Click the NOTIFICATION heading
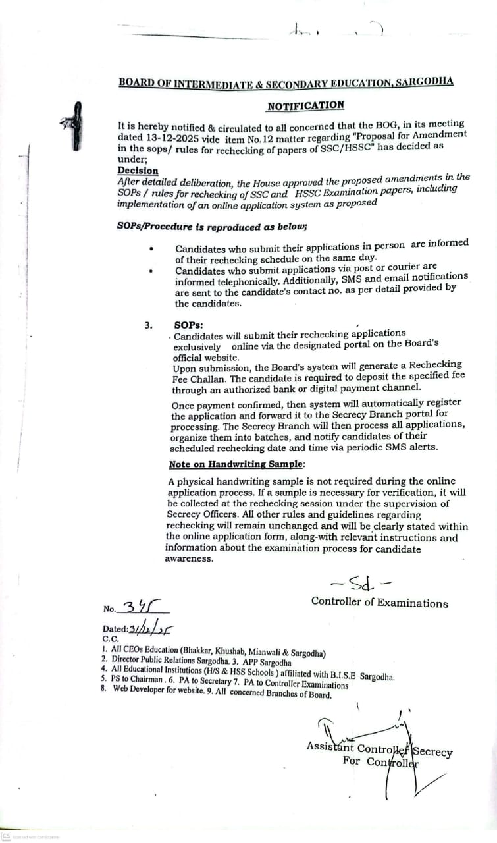305,105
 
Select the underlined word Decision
138,170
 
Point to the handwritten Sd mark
361,582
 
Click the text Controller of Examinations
379,602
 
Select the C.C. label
110,638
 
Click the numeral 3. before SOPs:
149,325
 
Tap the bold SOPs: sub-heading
189,325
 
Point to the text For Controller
380,762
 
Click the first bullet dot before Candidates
151,249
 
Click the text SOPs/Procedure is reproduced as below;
212,226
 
